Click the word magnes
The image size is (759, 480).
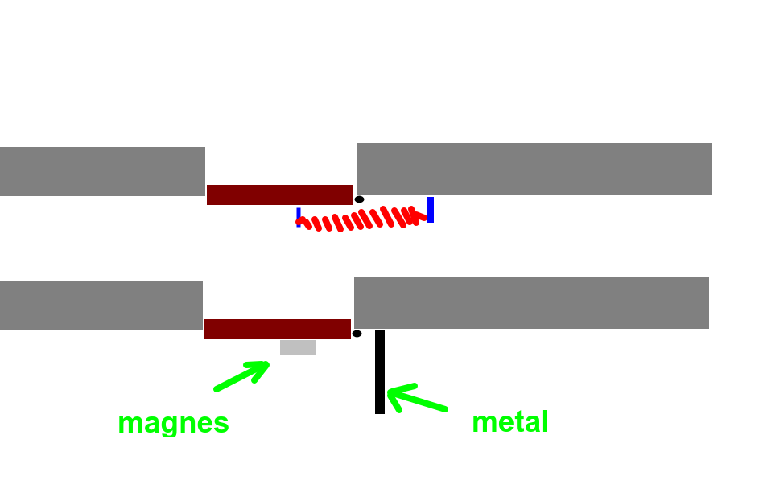[x=173, y=424]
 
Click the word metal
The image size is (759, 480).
[x=510, y=421]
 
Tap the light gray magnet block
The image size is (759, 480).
[x=298, y=347]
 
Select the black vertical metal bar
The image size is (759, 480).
[x=380, y=372]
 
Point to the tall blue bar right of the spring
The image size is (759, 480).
[x=431, y=210]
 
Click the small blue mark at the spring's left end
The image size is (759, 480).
[x=299, y=218]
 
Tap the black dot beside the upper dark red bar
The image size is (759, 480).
[x=359, y=199]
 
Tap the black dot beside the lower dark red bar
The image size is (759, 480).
[x=357, y=334]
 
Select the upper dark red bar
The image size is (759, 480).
[x=280, y=195]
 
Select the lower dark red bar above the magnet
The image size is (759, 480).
[x=278, y=329]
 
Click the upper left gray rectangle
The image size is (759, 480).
[x=102, y=171]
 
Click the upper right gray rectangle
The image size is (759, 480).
[x=534, y=169]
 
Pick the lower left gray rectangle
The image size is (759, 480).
[x=101, y=306]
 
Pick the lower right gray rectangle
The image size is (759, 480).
[x=531, y=303]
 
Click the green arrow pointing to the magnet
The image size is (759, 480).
[x=242, y=375]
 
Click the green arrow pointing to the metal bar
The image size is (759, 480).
[x=417, y=398]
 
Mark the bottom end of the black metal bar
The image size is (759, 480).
[x=380, y=414]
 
